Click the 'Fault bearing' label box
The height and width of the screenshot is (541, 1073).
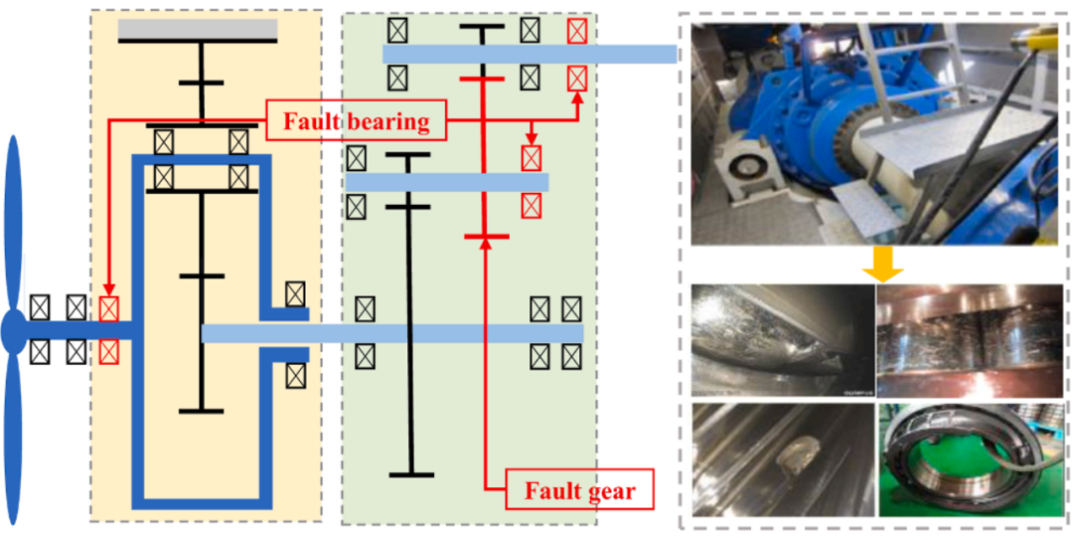(x=356, y=122)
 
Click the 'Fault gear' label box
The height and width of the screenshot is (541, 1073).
(x=579, y=489)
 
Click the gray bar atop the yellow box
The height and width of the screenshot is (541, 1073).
(x=198, y=31)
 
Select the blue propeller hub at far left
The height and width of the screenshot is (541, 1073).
(x=13, y=331)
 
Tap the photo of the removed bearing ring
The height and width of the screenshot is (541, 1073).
(x=971, y=458)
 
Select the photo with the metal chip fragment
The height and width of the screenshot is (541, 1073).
(x=782, y=458)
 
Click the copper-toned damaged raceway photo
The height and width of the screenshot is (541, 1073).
(x=971, y=340)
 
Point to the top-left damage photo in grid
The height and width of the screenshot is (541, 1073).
(x=782, y=340)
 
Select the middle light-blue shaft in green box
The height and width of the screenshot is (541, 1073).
(x=447, y=182)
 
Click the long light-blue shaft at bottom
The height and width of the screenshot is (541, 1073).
(x=392, y=333)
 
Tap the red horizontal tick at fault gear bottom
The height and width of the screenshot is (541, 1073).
(x=486, y=237)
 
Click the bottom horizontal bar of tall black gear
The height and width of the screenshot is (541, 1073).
(x=411, y=474)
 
